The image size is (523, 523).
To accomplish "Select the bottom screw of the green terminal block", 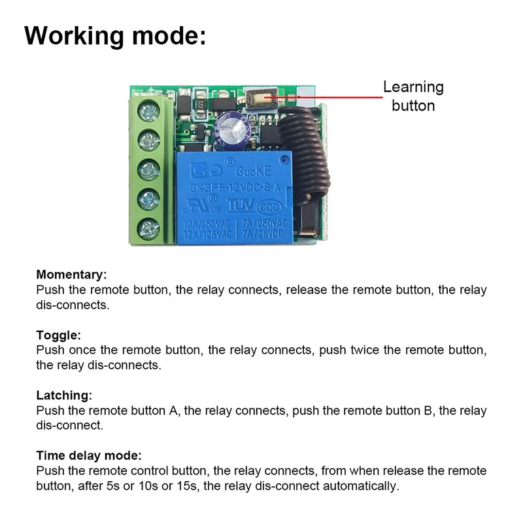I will [149, 228].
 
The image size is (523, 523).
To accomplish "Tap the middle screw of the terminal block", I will [149, 169].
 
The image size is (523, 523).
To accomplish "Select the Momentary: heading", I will [71, 275].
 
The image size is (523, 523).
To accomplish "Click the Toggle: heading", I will [59, 335].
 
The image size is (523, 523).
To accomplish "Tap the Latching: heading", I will [64, 396].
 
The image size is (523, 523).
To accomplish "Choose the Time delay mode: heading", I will [89, 456].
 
